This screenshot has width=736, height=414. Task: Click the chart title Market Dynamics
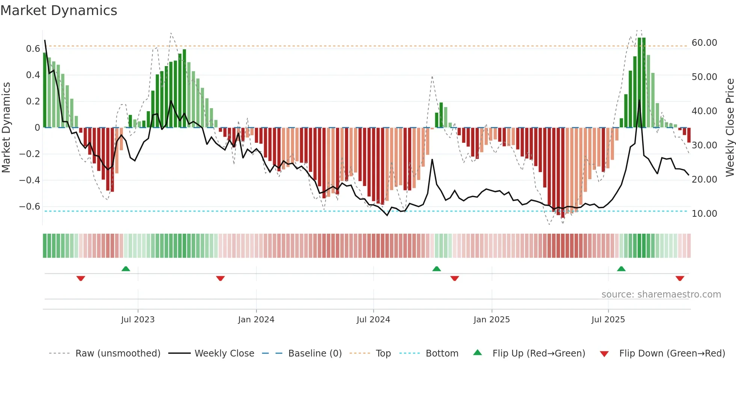(x=59, y=11)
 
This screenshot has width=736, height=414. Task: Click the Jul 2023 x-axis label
(x=138, y=320)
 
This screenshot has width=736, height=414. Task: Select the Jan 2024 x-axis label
(x=256, y=320)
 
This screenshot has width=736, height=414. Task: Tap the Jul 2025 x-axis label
(x=608, y=320)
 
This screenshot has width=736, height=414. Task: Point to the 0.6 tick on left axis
(x=33, y=49)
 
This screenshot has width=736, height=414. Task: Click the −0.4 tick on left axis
(x=30, y=180)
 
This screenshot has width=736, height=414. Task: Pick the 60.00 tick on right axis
(x=704, y=43)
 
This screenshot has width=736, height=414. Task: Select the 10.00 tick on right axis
(x=704, y=214)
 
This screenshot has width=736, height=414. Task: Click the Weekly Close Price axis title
(x=730, y=128)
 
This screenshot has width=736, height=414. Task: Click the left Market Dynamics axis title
(x=6, y=128)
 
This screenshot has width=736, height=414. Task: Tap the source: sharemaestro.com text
(x=661, y=295)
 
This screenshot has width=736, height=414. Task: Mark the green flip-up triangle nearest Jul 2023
(x=126, y=269)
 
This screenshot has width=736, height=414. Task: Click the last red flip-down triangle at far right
(x=680, y=278)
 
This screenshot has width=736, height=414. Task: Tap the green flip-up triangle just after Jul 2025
(x=621, y=269)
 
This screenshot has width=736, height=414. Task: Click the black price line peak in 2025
(x=639, y=100)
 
